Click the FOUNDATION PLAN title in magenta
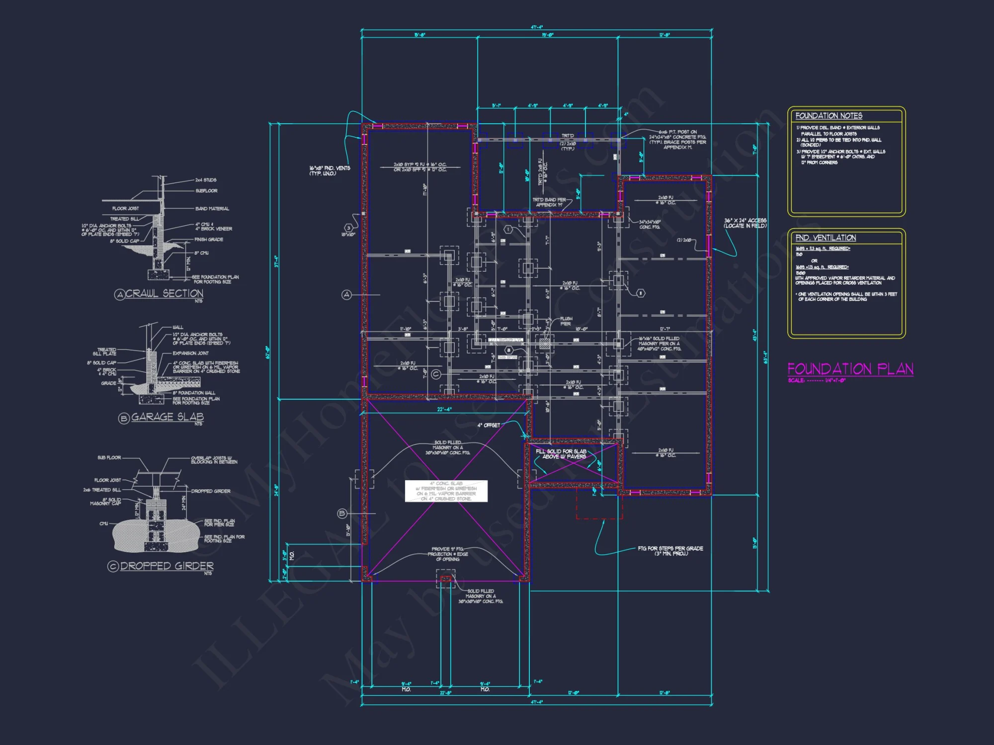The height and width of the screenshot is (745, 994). (x=850, y=369)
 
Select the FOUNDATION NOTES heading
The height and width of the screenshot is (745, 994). (x=828, y=116)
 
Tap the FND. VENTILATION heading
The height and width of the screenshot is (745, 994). (x=826, y=238)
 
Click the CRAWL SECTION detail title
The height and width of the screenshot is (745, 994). (x=164, y=294)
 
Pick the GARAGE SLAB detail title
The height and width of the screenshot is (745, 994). (x=167, y=417)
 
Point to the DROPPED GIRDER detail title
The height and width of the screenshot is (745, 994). (x=166, y=566)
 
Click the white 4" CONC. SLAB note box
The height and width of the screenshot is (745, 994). (x=446, y=491)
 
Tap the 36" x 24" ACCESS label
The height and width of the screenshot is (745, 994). (x=745, y=223)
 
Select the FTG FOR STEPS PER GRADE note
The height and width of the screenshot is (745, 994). (x=670, y=551)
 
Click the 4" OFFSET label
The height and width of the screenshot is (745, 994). (x=489, y=425)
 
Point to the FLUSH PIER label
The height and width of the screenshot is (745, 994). (x=566, y=321)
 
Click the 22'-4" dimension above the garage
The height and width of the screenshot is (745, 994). (x=444, y=410)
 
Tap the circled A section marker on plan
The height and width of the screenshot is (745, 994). (x=346, y=295)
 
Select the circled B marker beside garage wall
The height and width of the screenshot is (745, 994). (x=342, y=514)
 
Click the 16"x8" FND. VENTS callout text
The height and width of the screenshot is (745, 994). (x=330, y=170)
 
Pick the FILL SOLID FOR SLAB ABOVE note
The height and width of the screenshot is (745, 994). (x=561, y=454)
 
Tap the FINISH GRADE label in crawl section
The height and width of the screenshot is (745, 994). (x=209, y=239)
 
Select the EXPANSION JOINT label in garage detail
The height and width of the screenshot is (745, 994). (x=190, y=353)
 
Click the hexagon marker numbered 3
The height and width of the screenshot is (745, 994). (x=348, y=228)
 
